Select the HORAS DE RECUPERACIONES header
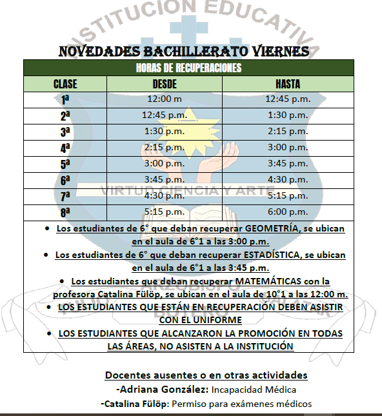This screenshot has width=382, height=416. point(188,68)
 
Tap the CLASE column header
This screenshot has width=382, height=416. point(65,84)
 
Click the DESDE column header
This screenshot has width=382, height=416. point(164,84)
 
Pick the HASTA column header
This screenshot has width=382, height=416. point(287,84)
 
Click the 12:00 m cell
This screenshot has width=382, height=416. point(164,99)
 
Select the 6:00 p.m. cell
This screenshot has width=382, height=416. point(287,212)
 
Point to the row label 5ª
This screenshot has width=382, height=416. point(65,164)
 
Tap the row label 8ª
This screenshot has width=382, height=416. point(65,212)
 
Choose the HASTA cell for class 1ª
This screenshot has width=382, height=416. point(287,99)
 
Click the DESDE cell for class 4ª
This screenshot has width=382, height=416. point(164,148)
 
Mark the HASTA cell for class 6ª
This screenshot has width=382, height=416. point(287,180)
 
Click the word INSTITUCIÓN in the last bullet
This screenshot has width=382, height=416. point(258,346)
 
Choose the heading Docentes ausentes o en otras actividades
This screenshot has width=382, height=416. point(206,375)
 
